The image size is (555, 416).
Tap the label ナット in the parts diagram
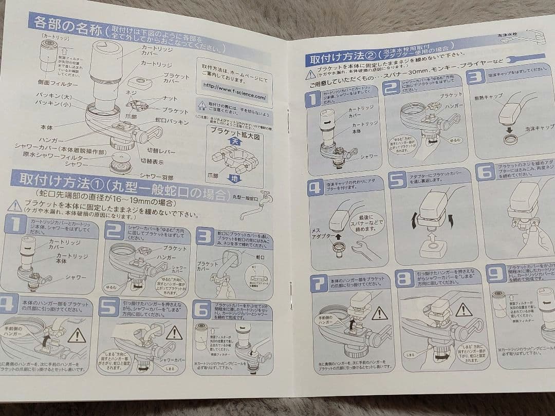click(x=169, y=99)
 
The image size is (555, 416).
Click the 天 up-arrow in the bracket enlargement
click(x=235, y=140)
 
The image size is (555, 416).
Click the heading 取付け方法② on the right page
click(x=340, y=59)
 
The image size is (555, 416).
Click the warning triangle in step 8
click(x=463, y=309)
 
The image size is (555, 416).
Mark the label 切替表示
click(x=153, y=160)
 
